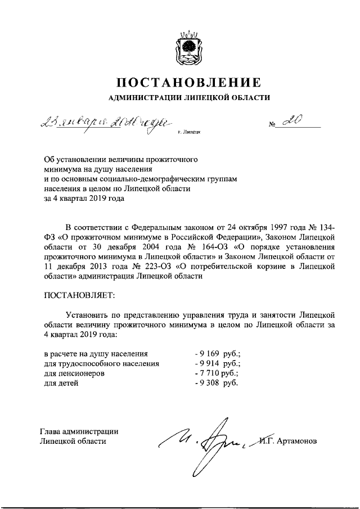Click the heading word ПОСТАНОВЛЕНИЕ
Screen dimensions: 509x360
[189, 83]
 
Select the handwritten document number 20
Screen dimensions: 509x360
[294, 121]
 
